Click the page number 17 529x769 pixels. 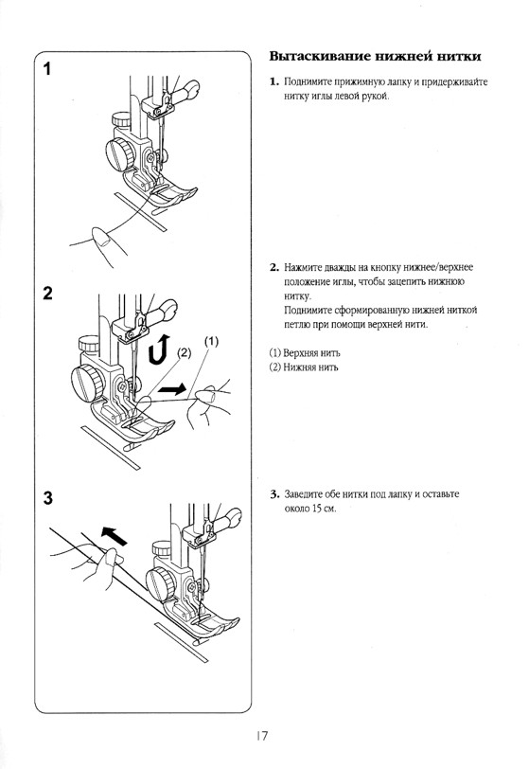click(x=262, y=736)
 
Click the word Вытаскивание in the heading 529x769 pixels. click(x=320, y=57)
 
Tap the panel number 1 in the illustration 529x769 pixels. click(x=47, y=69)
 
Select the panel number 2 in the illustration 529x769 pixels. click(x=47, y=294)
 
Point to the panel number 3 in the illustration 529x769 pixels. click(x=47, y=498)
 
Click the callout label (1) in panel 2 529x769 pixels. click(x=211, y=341)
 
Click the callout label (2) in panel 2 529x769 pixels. click(x=184, y=352)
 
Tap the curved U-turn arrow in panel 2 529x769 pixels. click(x=159, y=349)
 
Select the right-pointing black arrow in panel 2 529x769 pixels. click(x=172, y=390)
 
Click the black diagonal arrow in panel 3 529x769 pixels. click(x=114, y=535)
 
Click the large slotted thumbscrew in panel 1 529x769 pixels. click(x=119, y=154)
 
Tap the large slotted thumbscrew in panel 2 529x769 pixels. click(x=88, y=380)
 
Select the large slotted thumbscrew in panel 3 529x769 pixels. click(x=160, y=584)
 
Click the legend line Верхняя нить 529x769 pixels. click(x=305, y=353)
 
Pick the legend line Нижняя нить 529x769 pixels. click(x=304, y=367)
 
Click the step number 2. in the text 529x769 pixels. click(x=274, y=268)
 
